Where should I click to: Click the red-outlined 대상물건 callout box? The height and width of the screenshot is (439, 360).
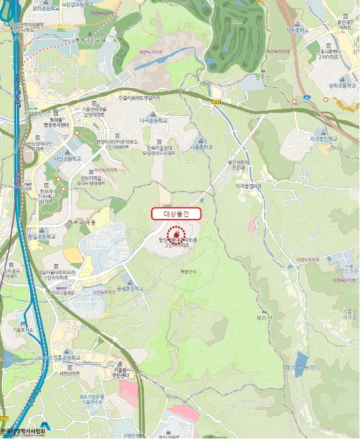pyautogui.click(x=176, y=213)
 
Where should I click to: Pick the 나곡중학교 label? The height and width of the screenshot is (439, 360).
pyautogui.click(x=201, y=147)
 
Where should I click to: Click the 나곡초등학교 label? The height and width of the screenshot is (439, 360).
pyautogui.click(x=154, y=120)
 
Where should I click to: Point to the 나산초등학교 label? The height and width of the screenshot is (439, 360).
pyautogui.click(x=68, y=159)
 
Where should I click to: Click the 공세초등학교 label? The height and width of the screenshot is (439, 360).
pyautogui.click(x=130, y=289)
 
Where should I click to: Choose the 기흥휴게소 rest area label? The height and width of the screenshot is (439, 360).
pyautogui.click(x=21, y=329)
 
